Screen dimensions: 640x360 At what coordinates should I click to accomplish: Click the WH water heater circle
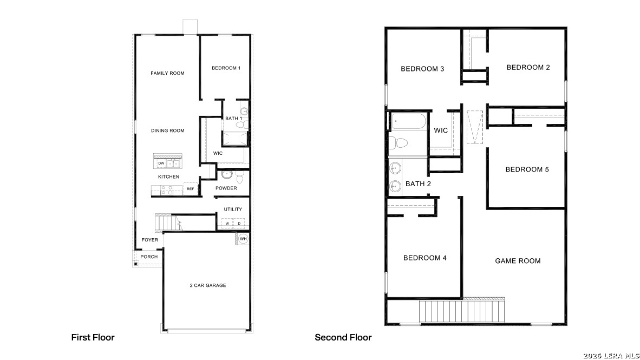243,239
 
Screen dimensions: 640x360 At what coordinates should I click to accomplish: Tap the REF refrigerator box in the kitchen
190,189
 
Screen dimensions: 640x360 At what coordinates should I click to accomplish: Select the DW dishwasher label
161,163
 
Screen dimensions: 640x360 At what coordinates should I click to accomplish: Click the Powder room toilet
226,175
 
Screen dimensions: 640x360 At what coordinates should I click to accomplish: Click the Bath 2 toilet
399,143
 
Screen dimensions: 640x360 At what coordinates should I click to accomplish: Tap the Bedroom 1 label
226,68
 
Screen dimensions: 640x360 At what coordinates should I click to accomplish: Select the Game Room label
518,261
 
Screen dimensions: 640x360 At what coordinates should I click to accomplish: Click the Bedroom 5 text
527,169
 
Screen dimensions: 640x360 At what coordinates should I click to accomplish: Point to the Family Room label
167,73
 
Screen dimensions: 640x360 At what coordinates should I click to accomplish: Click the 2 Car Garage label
207,285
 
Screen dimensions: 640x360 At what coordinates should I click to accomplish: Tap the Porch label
149,257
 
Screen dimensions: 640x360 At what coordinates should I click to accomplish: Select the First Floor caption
93,337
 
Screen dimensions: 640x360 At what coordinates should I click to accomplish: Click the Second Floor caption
343,337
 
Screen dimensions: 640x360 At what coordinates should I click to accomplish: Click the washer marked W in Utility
228,223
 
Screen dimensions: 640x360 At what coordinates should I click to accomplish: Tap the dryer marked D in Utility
239,223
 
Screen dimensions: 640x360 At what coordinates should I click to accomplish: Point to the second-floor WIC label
441,130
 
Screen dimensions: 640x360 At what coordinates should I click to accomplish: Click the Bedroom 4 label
425,258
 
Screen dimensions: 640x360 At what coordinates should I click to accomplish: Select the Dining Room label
167,130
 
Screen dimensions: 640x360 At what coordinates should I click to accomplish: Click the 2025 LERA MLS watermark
611,355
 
